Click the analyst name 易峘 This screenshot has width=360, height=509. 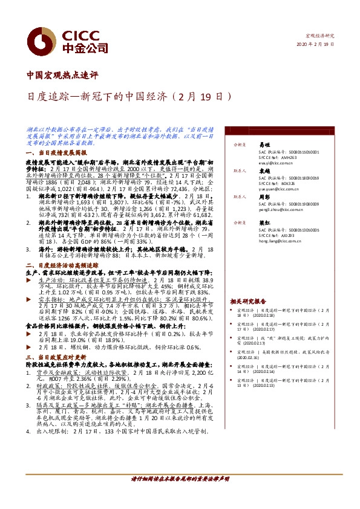[x=264, y=146]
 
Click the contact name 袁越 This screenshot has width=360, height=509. [x=264, y=171]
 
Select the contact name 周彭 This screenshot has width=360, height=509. [x=264, y=196]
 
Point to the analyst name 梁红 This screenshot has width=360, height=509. [x=264, y=222]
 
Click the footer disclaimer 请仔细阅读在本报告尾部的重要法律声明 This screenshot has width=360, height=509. [x=180, y=496]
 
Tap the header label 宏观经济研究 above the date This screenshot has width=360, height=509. [x=321, y=36]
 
